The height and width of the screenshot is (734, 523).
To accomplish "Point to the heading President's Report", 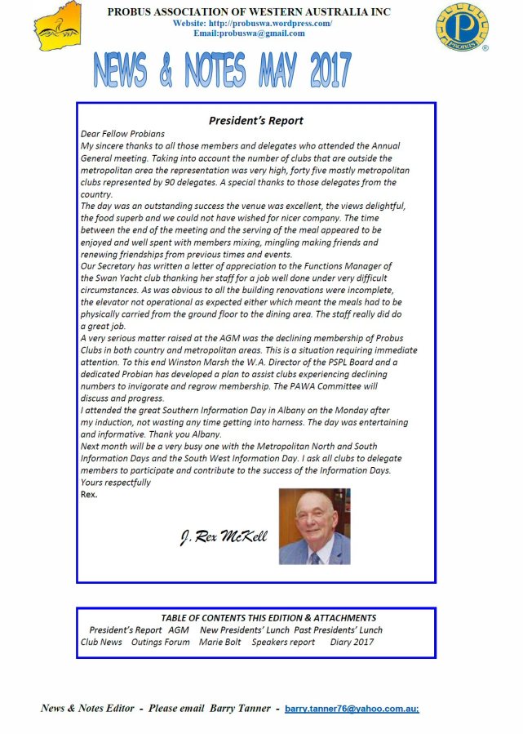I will click(255, 121).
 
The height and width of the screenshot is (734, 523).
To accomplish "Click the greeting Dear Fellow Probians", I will click(122, 134).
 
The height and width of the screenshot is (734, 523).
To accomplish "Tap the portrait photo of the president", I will click(314, 526).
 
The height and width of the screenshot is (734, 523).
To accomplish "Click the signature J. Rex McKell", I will click(223, 538).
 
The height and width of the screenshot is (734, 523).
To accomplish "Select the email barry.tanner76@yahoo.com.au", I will click(352, 709).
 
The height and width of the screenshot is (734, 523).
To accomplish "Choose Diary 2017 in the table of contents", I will click(352, 643).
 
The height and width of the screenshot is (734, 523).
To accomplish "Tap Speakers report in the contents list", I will click(283, 643).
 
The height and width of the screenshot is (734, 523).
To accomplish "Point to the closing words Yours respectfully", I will click(116, 483).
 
